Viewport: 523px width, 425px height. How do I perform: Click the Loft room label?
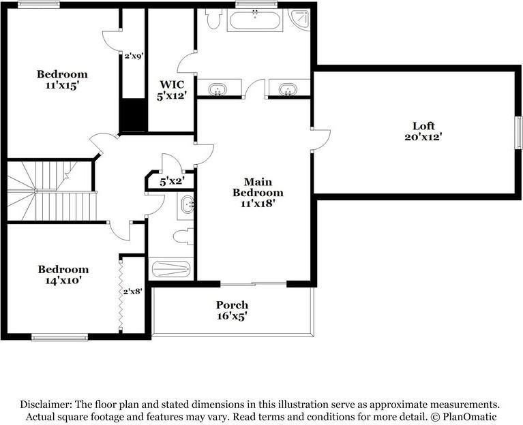pyautogui.click(x=423, y=126)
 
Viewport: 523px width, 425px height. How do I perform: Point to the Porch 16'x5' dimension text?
pyautogui.click(x=232, y=315)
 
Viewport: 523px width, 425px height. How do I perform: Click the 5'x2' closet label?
pyautogui.click(x=171, y=182)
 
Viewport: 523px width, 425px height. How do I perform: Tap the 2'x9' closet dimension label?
pyautogui.click(x=133, y=57)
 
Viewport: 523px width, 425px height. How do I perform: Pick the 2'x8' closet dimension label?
pyautogui.click(x=132, y=292)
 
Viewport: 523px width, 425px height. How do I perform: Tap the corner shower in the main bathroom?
pyautogui.click(x=299, y=18)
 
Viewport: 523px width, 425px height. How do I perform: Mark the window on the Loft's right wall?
pyautogui.click(x=517, y=130)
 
